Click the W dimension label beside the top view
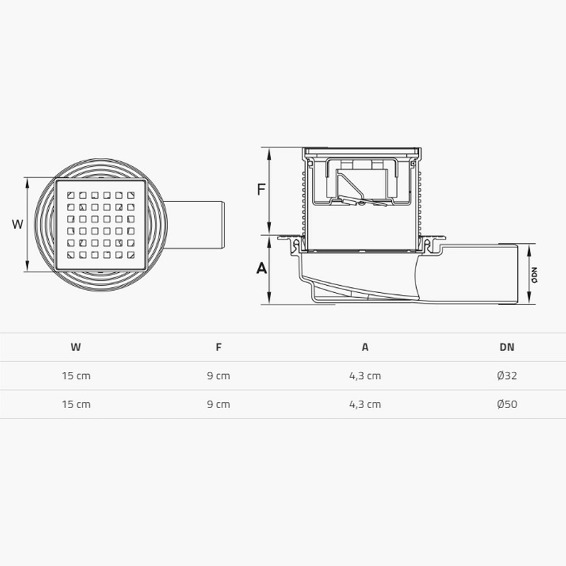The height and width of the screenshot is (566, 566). [18, 224]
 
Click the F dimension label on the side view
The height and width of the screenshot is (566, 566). [261, 189]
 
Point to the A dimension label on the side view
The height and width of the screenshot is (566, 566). [261, 268]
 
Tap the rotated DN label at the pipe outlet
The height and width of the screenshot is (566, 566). [533, 275]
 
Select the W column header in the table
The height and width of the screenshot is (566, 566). [76, 348]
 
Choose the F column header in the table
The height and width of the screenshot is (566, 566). [218, 348]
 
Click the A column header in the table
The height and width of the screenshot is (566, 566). [365, 348]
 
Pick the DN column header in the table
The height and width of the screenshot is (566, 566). [507, 348]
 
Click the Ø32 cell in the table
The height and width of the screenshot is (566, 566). [507, 376]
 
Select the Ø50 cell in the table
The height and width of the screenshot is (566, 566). [507, 405]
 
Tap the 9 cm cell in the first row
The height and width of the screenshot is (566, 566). [218, 376]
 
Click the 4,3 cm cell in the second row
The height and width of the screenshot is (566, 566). [365, 405]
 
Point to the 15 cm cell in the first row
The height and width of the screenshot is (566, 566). [76, 376]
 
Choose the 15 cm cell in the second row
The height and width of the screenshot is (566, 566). [76, 405]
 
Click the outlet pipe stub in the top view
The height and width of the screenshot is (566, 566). [198, 225]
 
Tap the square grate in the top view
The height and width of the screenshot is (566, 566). [101, 224]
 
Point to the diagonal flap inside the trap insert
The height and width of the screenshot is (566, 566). [349, 185]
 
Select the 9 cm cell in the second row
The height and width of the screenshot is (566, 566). [218, 405]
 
